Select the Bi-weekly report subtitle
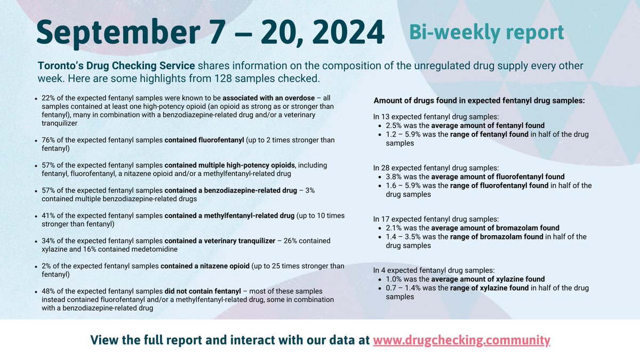486,32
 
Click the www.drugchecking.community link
461,340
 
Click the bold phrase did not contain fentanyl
197,291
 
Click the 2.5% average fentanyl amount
394,126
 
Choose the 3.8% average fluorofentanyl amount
394,177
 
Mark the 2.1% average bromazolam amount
394,228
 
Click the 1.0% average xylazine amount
394,279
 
